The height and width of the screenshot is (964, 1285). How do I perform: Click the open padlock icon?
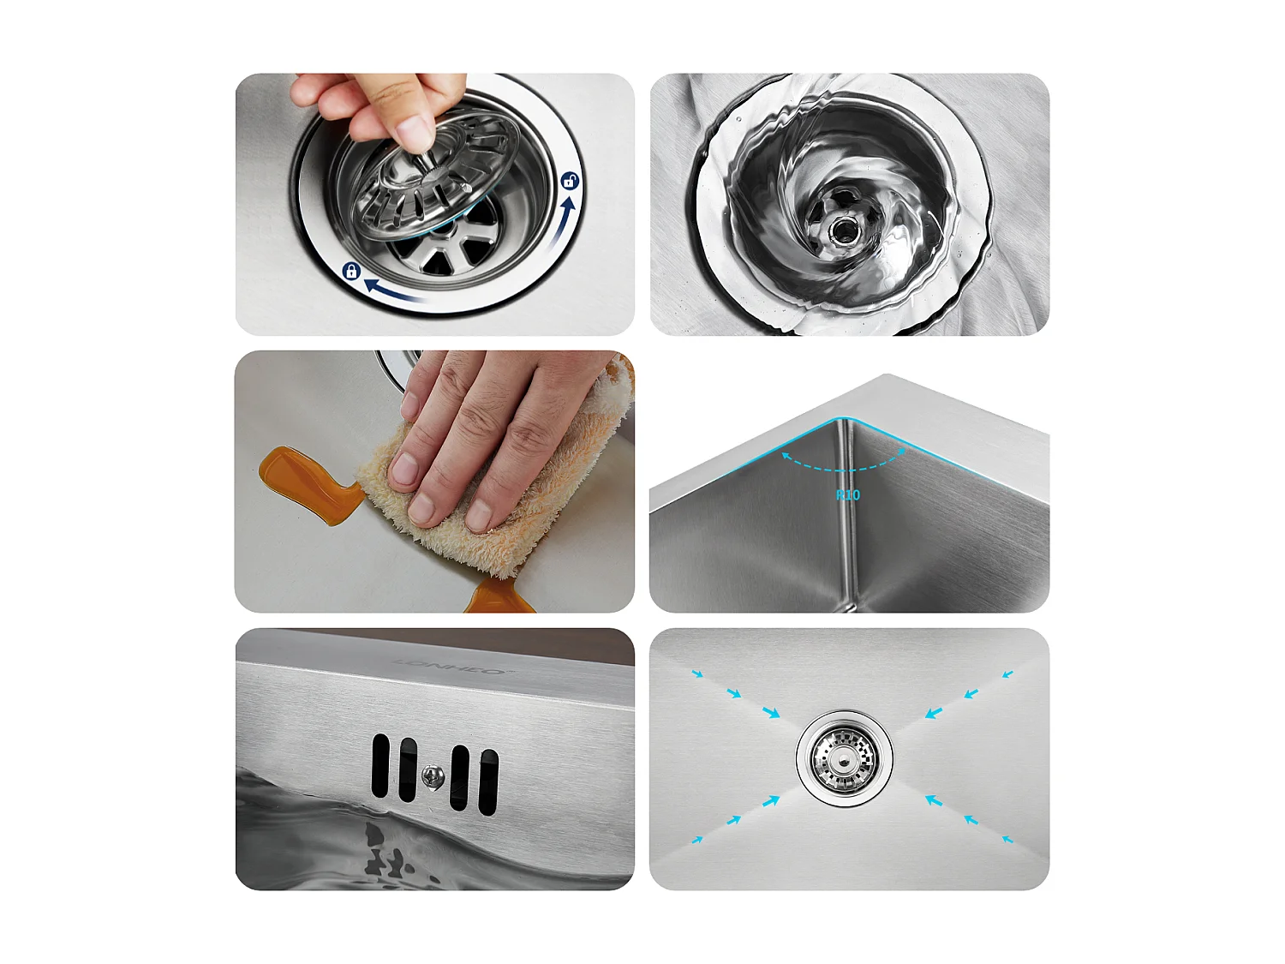570,181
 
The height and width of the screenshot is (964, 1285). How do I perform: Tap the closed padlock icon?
350,272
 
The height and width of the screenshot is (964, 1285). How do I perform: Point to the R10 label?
847,494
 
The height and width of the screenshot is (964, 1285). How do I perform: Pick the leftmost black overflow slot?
380,765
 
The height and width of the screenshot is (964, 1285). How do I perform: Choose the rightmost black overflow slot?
488,781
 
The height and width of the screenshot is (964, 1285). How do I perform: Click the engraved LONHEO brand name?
450,666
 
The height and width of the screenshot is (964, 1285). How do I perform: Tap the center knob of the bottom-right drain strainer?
845,758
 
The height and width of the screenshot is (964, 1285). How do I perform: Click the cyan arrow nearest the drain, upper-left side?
771,712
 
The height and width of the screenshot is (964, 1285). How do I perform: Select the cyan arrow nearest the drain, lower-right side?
934,800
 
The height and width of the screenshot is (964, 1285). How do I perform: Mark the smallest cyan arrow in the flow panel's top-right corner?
1008,674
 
